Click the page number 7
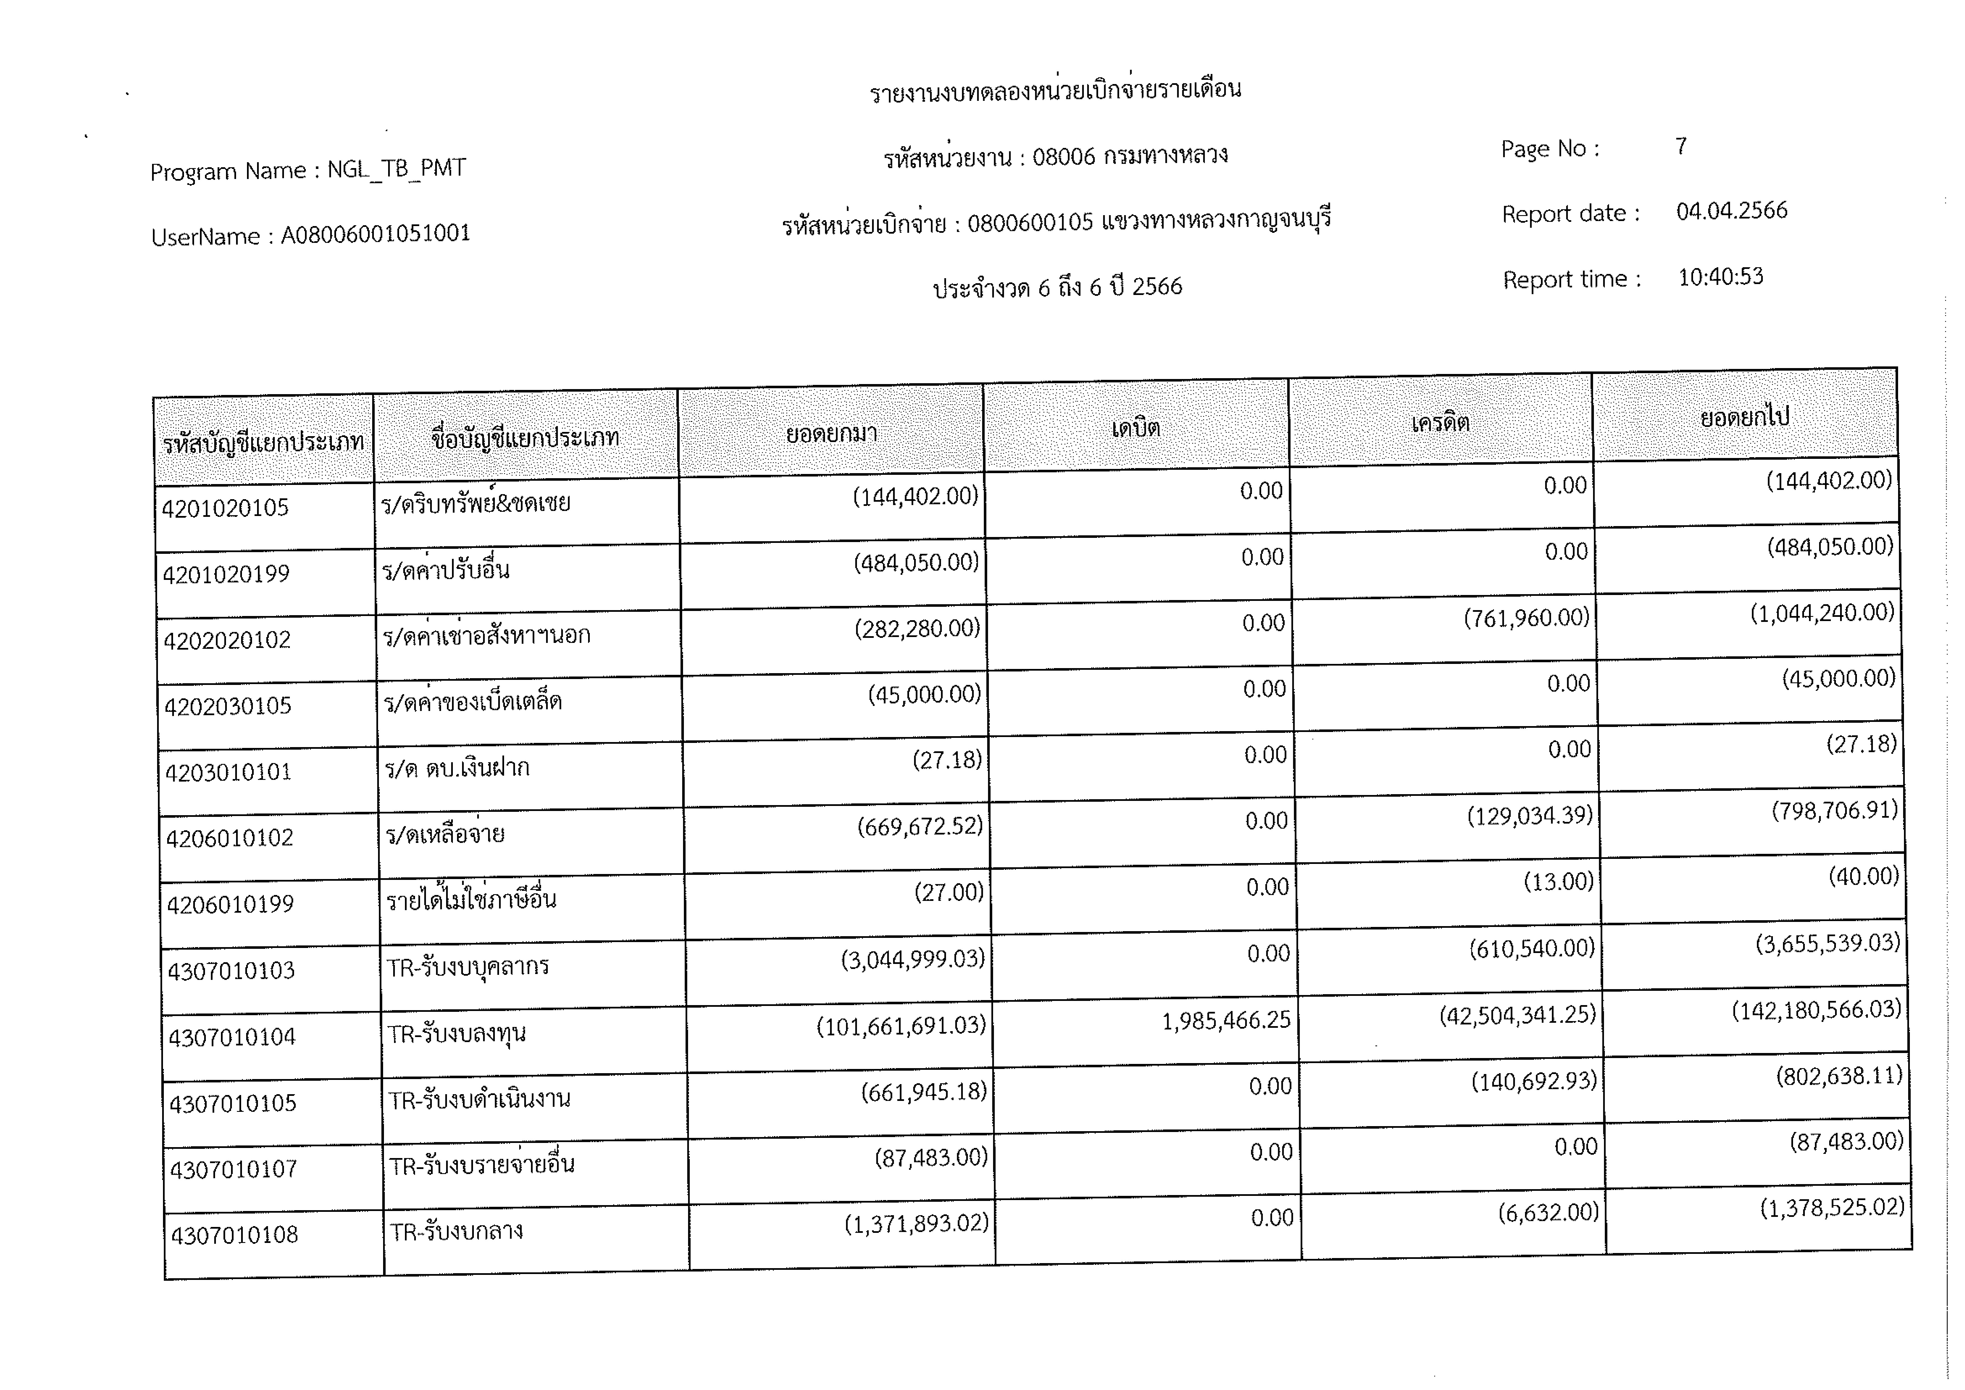pyautogui.click(x=1681, y=146)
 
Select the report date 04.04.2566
pyautogui.click(x=1731, y=211)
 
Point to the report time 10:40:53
pyautogui.click(x=1720, y=276)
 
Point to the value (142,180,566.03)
pyautogui.click(x=1816, y=1010)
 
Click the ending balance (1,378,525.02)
pyautogui.click(x=1831, y=1208)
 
